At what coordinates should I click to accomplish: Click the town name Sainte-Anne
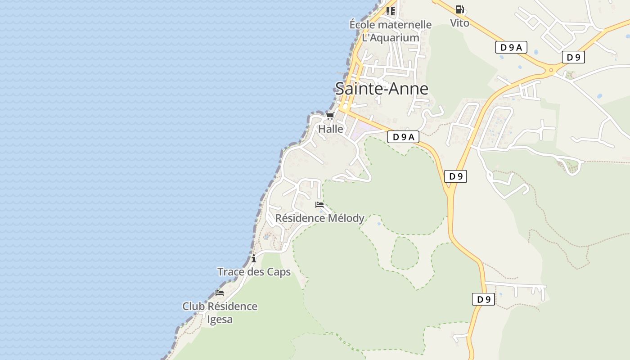[382, 89]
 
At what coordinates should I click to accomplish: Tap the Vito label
[459, 23]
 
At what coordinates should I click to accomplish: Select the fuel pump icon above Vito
[459, 9]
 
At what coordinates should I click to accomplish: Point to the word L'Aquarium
[391, 37]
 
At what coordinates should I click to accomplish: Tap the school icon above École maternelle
[390, 11]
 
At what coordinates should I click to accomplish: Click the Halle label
[331, 129]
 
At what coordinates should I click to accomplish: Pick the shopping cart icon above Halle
[330, 116]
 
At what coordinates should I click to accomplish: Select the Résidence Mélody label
[319, 218]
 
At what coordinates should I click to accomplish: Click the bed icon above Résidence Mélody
[319, 205]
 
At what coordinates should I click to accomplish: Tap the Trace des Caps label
[254, 272]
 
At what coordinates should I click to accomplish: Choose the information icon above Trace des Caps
[254, 258]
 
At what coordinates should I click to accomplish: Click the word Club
[193, 306]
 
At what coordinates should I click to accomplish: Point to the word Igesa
[220, 319]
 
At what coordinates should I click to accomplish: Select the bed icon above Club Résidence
[220, 293]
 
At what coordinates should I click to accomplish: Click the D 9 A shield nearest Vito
[511, 47]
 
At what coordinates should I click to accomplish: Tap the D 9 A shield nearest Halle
[403, 137]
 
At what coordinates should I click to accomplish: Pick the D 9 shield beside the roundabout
[573, 57]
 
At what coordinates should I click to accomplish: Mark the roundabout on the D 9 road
[551, 70]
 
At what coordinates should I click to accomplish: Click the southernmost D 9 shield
[483, 299]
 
